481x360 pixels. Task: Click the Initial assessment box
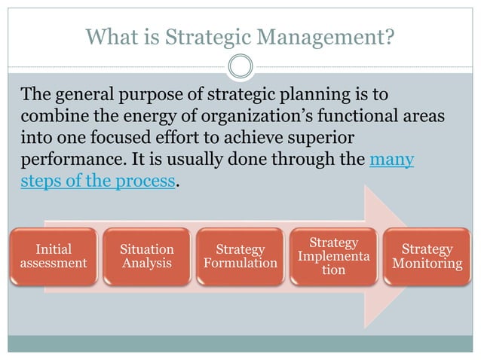[54, 257]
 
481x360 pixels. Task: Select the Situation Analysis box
[147, 257]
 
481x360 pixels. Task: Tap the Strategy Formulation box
[240, 257]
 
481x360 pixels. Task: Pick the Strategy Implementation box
[333, 257]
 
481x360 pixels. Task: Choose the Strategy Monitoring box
[427, 257]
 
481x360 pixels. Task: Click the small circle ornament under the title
[240, 66]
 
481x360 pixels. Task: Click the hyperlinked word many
[391, 160]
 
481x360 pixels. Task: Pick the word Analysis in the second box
[147, 264]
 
